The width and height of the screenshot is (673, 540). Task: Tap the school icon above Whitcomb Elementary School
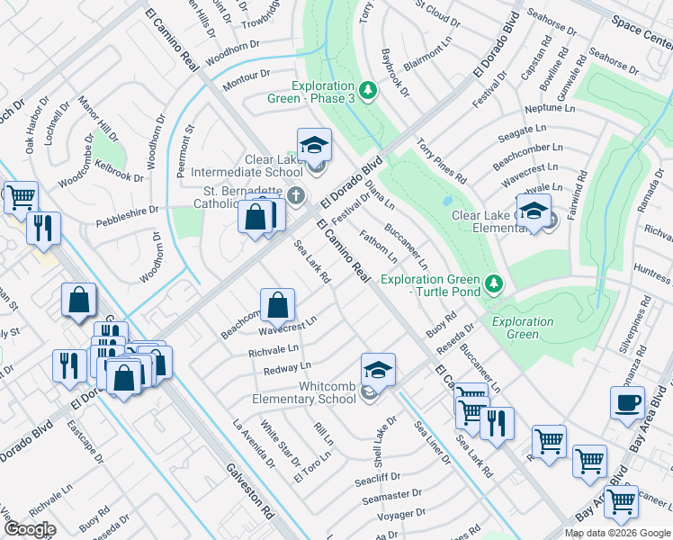click(x=378, y=369)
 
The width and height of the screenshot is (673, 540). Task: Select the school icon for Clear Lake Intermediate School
click(x=314, y=144)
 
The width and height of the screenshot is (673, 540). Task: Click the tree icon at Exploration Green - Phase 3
click(x=367, y=90)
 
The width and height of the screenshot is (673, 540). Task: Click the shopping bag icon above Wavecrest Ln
click(x=277, y=304)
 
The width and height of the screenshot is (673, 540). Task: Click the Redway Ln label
click(x=287, y=368)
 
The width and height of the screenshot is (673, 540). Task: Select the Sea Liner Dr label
click(x=432, y=444)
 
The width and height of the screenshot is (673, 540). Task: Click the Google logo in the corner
click(x=29, y=529)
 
